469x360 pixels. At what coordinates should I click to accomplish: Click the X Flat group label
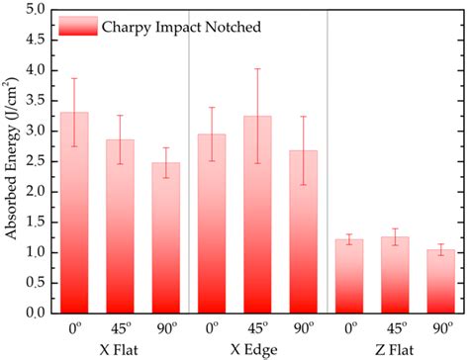tap(119, 350)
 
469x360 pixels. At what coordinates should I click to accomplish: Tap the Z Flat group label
tap(395, 350)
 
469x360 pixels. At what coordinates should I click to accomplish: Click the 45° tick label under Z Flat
tap(395, 329)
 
